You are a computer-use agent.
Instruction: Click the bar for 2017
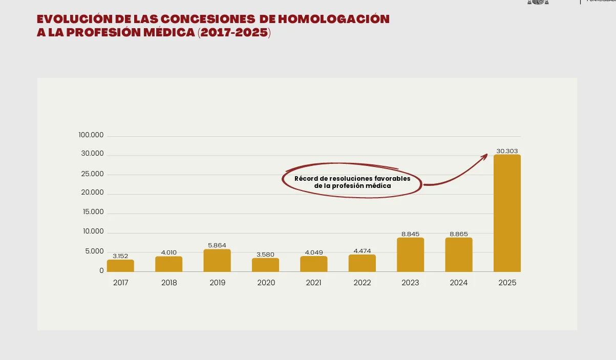(120, 266)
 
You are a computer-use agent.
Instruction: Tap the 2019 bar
(217, 261)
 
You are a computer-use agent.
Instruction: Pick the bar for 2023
(410, 255)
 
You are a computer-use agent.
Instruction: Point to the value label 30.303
(507, 151)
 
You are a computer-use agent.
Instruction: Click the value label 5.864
(217, 245)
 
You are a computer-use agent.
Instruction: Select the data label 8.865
(459, 234)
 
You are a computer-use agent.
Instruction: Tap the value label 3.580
(265, 255)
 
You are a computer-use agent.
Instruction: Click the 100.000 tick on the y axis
(91, 135)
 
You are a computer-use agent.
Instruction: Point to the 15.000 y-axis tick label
(93, 212)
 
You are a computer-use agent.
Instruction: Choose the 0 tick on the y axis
(101, 270)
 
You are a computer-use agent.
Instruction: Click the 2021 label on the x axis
(313, 283)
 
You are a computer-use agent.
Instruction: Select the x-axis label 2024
(459, 283)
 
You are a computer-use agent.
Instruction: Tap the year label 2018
(169, 283)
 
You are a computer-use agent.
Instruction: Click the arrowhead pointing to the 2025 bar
(484, 156)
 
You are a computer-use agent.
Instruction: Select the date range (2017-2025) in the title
(234, 33)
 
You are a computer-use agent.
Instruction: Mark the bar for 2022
(362, 263)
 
